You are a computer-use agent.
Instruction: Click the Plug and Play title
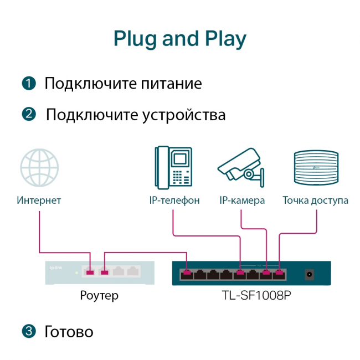click(179, 39)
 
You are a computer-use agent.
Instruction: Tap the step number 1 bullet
click(29, 84)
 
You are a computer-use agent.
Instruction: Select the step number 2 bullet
click(29, 115)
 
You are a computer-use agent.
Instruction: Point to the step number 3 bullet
click(29, 332)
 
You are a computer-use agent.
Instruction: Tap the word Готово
click(69, 332)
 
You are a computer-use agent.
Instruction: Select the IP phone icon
click(174, 167)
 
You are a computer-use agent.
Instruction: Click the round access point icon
click(315, 167)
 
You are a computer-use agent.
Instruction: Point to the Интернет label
click(39, 200)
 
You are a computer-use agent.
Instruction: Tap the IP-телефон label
click(174, 200)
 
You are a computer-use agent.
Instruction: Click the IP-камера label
click(242, 200)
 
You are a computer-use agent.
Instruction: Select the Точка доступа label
click(315, 200)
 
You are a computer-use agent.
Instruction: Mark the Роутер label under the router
click(99, 296)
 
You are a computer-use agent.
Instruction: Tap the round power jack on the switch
click(310, 274)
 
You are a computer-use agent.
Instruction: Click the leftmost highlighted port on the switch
click(186, 272)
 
